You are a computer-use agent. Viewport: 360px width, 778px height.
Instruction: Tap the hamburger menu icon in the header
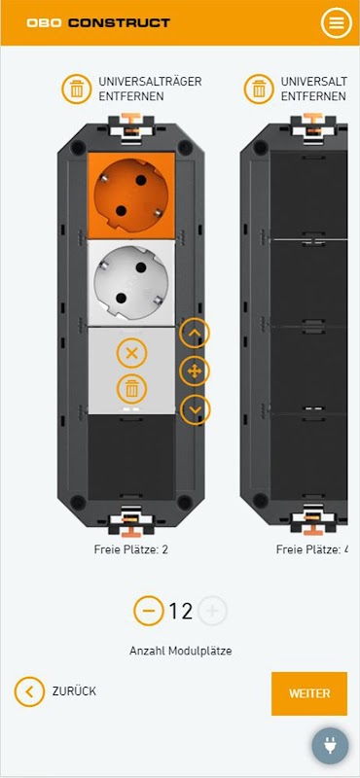coord(337,22)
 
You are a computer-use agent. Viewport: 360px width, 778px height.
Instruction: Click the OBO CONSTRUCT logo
coord(98,22)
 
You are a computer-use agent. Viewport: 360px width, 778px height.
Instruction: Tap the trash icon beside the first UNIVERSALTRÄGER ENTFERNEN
coord(77,89)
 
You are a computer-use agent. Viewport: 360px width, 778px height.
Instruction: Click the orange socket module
coord(131,196)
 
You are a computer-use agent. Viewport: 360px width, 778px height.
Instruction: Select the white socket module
coord(131,283)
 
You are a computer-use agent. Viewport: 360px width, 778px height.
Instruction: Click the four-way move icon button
coord(195,371)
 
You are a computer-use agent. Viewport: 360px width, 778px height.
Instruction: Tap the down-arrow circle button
coord(195,409)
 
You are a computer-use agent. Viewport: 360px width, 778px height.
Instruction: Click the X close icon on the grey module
coord(131,353)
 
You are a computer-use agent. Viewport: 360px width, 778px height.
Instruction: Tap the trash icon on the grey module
coord(131,390)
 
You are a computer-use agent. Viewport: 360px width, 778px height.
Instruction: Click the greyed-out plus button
coord(212,611)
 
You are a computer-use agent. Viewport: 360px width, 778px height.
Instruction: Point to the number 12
coord(180,612)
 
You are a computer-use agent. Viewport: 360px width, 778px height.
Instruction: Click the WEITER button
coord(308,693)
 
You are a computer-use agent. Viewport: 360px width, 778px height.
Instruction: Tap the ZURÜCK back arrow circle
coord(30,691)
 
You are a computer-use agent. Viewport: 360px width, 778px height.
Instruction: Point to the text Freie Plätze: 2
coord(131,549)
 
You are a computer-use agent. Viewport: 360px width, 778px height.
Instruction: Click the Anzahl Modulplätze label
coord(181,651)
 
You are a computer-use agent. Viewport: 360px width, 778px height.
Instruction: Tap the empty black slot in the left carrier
coord(131,456)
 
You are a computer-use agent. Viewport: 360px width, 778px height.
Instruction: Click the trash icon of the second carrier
coord(259,89)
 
